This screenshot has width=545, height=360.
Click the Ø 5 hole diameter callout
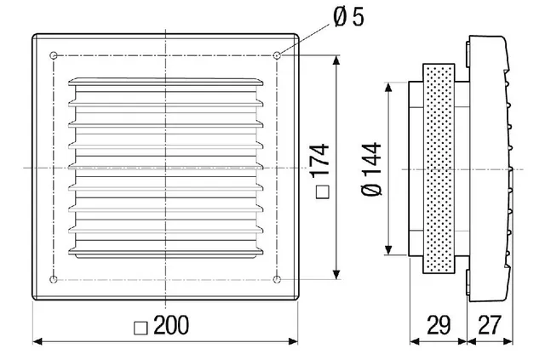click(x=348, y=17)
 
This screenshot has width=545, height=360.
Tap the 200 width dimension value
click(x=171, y=326)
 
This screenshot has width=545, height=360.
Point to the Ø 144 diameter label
click(x=371, y=169)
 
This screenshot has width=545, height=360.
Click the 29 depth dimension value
click(x=439, y=325)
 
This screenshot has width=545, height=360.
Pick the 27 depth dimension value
click(x=490, y=325)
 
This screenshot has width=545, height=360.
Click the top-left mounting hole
click(x=54, y=55)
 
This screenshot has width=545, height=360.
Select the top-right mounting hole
click(x=277, y=55)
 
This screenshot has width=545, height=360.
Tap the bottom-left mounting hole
click(x=54, y=279)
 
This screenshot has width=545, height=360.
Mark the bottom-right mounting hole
click(x=277, y=279)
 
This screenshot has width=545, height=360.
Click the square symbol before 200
click(x=141, y=328)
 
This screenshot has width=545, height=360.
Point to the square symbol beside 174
click(x=322, y=192)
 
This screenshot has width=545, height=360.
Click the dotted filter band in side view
click(x=439, y=169)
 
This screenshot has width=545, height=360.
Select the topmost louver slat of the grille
click(x=165, y=82)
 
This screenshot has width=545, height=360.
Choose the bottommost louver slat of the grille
click(x=165, y=253)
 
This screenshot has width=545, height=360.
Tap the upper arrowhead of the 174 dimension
click(x=336, y=60)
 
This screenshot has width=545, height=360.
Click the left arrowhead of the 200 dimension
click(x=37, y=341)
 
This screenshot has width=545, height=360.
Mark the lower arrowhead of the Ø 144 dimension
click(x=388, y=250)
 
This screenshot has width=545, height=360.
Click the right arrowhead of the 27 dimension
click(x=508, y=341)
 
